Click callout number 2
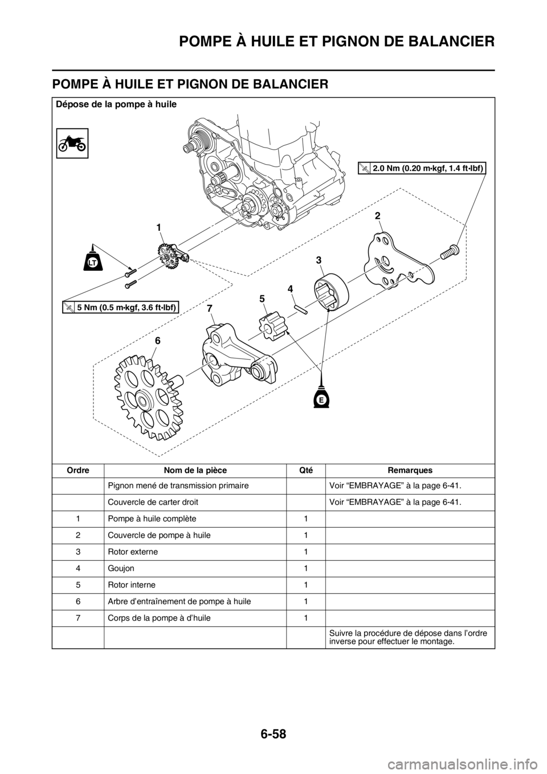pos(377,216)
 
